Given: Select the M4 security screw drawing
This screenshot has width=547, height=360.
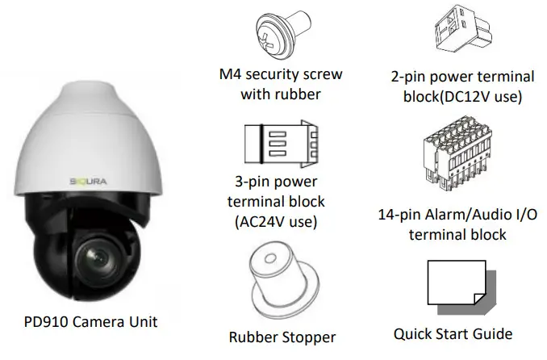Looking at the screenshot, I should tap(282, 35).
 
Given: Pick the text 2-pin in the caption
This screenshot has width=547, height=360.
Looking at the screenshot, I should tap(410, 77).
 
